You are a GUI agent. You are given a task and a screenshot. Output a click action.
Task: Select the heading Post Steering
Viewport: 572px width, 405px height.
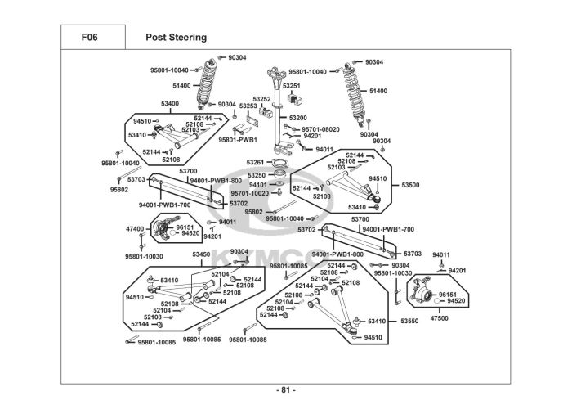click(x=176, y=37)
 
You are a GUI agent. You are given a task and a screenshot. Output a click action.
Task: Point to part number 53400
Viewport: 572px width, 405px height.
click(x=170, y=104)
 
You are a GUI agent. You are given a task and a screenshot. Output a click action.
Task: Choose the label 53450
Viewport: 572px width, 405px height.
click(x=202, y=255)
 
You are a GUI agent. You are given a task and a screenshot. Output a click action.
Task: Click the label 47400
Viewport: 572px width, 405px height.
click(x=134, y=229)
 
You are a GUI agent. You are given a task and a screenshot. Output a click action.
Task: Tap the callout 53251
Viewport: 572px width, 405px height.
click(x=292, y=85)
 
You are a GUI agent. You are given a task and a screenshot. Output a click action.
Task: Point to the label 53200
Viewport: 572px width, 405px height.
click(x=298, y=118)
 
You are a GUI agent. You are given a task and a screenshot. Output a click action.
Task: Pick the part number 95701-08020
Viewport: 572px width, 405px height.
click(x=320, y=129)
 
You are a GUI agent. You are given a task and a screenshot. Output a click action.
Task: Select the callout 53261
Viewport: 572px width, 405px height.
click(x=256, y=162)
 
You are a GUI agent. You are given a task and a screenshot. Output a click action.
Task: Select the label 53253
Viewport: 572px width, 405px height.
click(x=248, y=106)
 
